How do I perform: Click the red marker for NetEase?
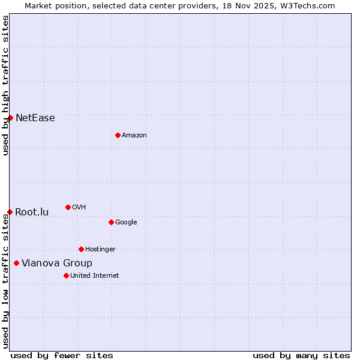[10, 118]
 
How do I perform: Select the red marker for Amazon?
[118, 135]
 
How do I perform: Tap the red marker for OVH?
[68, 207]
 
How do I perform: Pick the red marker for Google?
[111, 222]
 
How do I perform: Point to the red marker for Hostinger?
[81, 249]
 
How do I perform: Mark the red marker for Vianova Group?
[16, 263]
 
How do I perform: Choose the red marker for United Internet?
[66, 275]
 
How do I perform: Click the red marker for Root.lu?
[10, 212]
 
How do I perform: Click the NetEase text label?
[35, 118]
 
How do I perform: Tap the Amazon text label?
[134, 136]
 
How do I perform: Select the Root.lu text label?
[32, 212]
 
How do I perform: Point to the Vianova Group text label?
[57, 263]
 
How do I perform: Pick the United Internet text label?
[95, 276]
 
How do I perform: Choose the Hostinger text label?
[100, 250]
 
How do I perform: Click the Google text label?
[126, 223]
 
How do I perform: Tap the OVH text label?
[79, 208]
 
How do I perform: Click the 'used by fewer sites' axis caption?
[62, 355]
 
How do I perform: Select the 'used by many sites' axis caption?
[301, 355]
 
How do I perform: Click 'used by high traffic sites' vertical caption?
[5, 85]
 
